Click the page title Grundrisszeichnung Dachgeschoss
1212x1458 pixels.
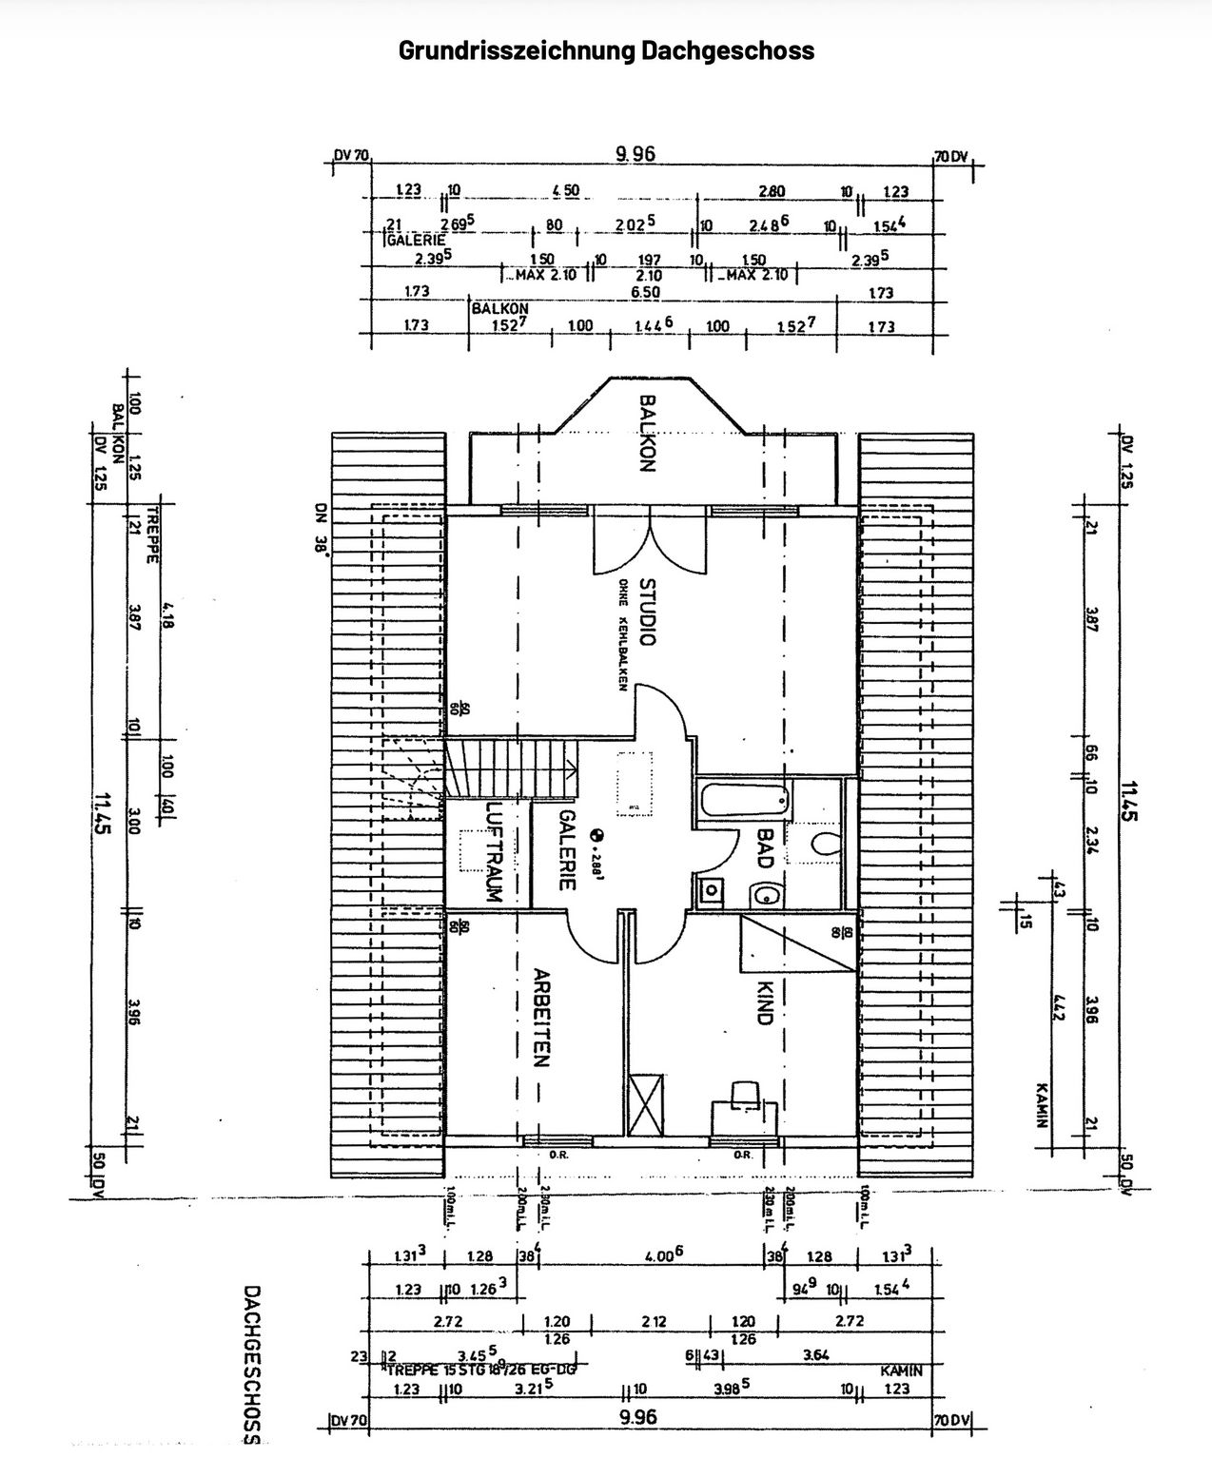tap(606, 49)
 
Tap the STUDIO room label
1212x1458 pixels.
tap(647, 612)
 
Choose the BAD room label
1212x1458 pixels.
tap(763, 846)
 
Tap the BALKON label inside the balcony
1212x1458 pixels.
tap(647, 434)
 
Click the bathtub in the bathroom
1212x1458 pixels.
tap(744, 798)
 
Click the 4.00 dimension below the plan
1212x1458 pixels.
tap(662, 1255)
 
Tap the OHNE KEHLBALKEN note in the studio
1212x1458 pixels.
tap(622, 634)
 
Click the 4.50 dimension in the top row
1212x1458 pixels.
tap(565, 191)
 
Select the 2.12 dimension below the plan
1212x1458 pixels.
tap(654, 1321)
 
